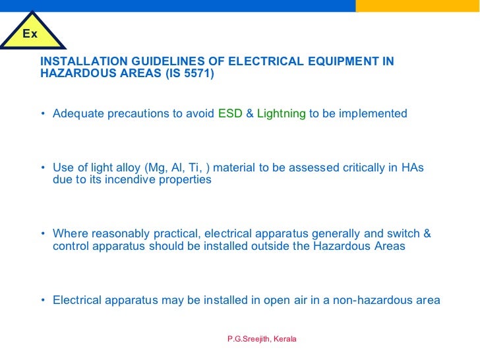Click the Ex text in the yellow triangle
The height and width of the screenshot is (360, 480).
[x=30, y=34]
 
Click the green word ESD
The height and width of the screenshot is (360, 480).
[x=230, y=113]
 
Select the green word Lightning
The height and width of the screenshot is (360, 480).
[x=281, y=113]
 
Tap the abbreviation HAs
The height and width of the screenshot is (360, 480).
[x=412, y=167]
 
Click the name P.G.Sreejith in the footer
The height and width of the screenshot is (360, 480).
[x=247, y=339]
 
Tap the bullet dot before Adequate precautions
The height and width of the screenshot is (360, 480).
[x=43, y=113]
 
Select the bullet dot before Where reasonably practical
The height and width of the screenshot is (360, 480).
[x=43, y=233]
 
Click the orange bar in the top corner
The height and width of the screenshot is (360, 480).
[x=417, y=5]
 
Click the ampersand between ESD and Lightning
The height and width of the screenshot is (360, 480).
[x=250, y=113]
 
